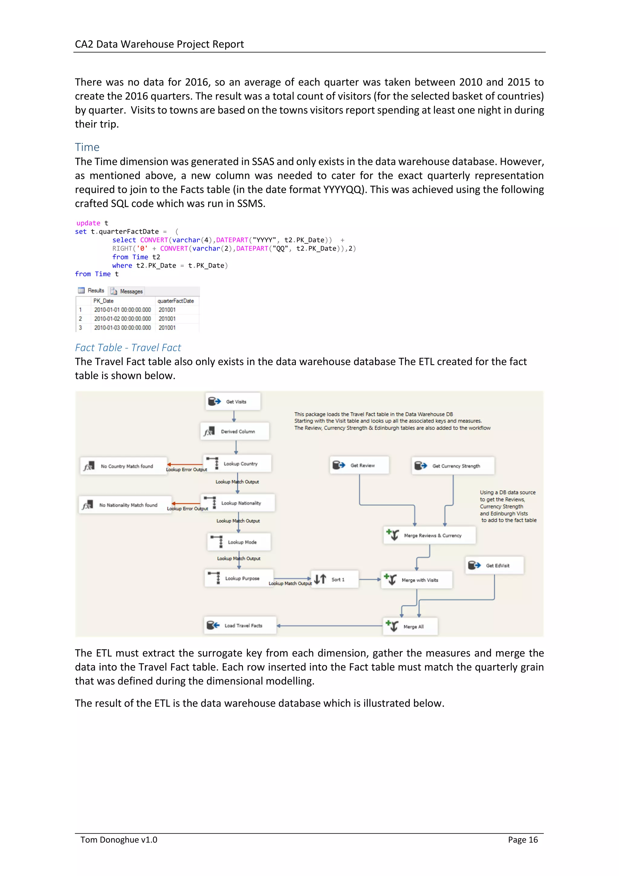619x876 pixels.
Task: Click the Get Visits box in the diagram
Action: (x=233, y=401)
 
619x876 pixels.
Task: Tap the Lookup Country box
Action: (x=238, y=464)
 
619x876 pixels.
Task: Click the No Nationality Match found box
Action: (x=125, y=505)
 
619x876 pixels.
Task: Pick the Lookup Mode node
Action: (x=239, y=542)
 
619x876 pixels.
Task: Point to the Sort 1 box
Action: (x=335, y=579)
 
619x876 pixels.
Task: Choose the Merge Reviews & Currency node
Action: (x=429, y=535)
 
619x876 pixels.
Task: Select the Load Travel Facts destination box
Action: (x=240, y=625)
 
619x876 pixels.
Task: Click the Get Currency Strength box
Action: (x=453, y=466)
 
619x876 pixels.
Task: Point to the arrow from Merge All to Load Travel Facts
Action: (x=330, y=626)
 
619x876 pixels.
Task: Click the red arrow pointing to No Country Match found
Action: (x=185, y=464)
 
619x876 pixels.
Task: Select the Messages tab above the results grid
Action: (x=127, y=291)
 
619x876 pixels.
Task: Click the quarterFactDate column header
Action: (x=176, y=301)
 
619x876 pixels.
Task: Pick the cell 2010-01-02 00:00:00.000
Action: (x=122, y=319)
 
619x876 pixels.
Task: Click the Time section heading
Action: (x=87, y=147)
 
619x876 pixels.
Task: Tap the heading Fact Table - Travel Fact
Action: (x=128, y=348)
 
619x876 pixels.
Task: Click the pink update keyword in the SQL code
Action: (x=88, y=223)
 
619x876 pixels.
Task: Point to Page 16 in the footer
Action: (x=523, y=840)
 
